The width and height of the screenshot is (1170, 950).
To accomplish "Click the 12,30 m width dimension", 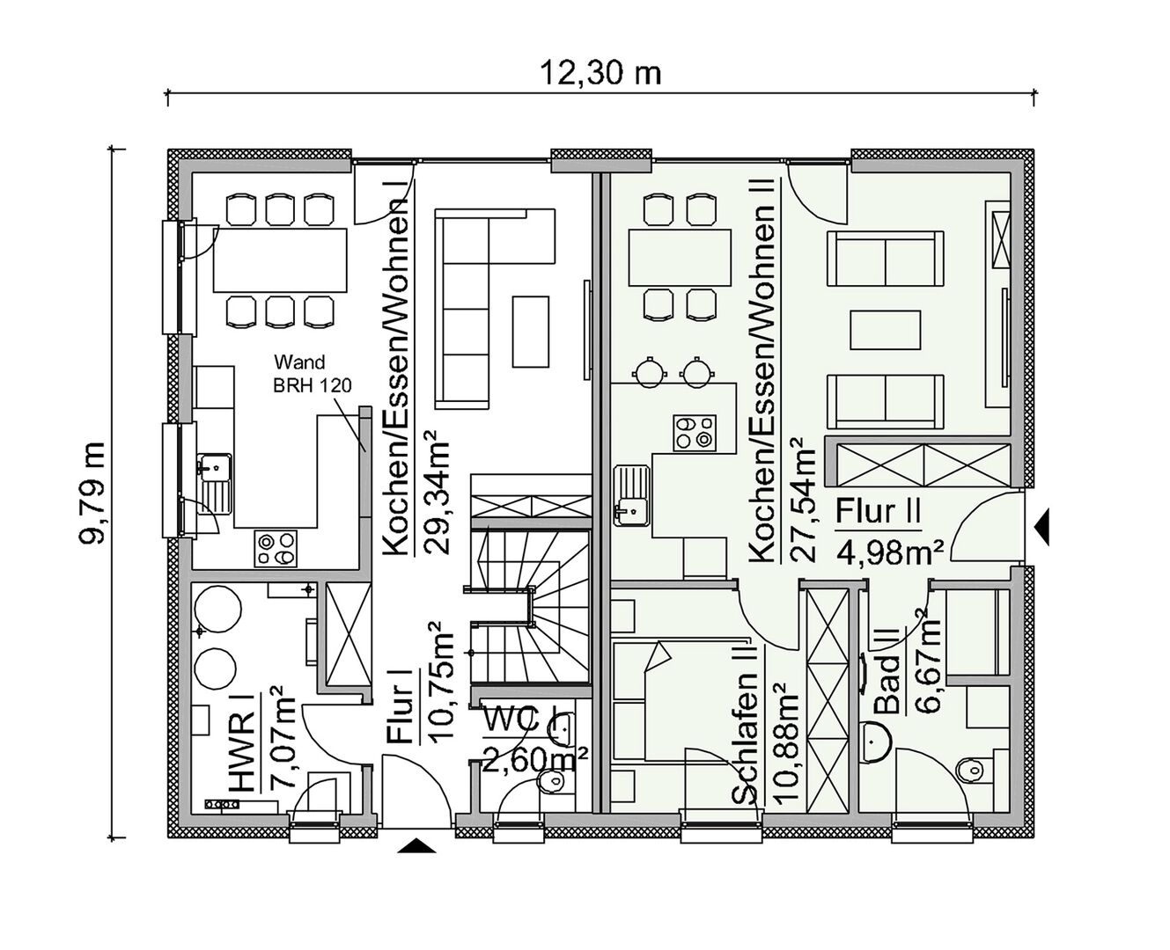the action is click(601, 74).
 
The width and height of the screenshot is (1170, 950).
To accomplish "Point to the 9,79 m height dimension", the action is click(92, 492).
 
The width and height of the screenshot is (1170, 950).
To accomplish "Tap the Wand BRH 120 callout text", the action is click(312, 373).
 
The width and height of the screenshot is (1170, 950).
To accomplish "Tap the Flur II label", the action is click(877, 513).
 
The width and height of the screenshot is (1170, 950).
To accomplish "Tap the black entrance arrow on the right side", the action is click(1041, 527).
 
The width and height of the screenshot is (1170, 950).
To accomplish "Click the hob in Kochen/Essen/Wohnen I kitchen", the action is click(276, 549).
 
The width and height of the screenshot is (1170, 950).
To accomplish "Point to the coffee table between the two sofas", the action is click(885, 330).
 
